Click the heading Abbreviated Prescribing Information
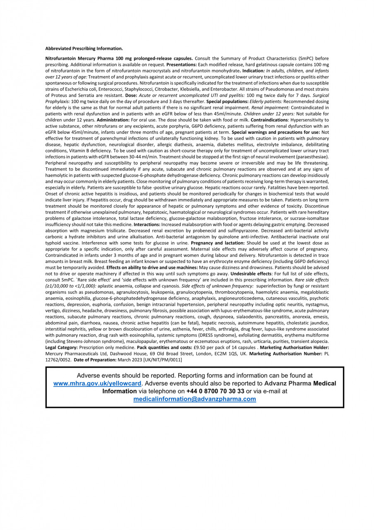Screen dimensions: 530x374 (x=84, y=48)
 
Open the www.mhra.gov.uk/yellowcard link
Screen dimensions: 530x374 (x=98, y=383)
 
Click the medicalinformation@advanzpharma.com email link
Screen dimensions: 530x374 (x=194, y=399)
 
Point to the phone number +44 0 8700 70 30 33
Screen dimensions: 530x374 (x=216, y=391)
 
